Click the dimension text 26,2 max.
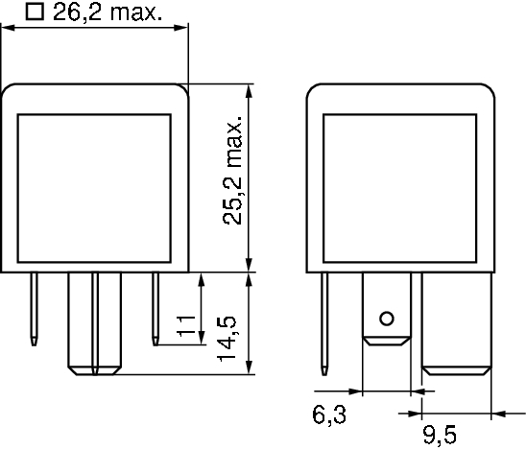point(106,12)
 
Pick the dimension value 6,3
point(326,415)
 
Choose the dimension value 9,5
point(439,436)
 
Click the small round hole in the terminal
point(387,319)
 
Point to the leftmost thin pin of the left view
point(34,307)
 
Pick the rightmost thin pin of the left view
point(155,307)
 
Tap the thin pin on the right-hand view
point(326,321)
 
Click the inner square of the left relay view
point(95,187)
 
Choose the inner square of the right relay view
point(400,187)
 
